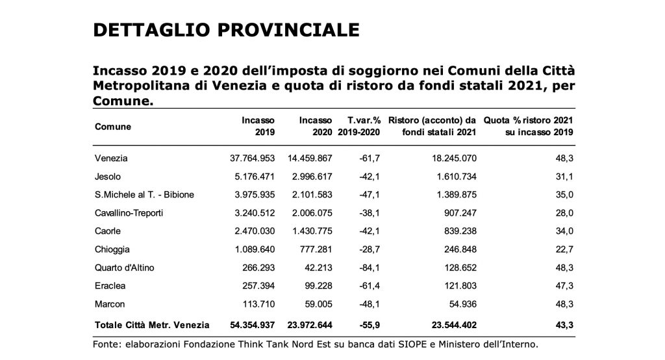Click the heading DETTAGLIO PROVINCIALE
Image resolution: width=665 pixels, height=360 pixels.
click(x=226, y=30)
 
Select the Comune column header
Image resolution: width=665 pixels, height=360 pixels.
click(x=113, y=127)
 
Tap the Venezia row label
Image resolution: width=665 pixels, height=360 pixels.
click(x=111, y=159)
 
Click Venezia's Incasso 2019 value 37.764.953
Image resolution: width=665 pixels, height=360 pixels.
click(x=253, y=159)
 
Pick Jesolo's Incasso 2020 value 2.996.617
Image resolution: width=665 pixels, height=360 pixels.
click(x=312, y=177)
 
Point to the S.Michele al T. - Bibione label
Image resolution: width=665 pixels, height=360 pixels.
click(x=144, y=195)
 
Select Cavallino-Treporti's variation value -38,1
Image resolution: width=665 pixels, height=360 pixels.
click(x=370, y=213)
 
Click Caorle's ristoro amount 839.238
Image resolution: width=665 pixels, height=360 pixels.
click(x=460, y=231)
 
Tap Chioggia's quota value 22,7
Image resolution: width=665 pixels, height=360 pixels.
click(x=564, y=250)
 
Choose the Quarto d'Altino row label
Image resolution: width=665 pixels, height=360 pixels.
click(x=124, y=268)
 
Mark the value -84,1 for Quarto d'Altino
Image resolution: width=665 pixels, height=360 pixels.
click(x=370, y=268)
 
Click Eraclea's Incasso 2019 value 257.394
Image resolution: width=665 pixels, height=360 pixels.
click(x=258, y=286)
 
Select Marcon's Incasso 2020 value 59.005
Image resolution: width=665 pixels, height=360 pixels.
click(x=318, y=304)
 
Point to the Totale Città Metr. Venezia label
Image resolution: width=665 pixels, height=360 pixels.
click(x=152, y=325)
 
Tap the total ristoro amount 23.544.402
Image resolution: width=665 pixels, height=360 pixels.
click(x=454, y=325)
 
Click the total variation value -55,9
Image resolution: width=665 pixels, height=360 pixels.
click(x=370, y=325)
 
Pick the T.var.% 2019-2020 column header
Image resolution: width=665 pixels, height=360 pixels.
click(x=359, y=127)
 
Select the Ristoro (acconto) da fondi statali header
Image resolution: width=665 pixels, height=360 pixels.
click(x=432, y=127)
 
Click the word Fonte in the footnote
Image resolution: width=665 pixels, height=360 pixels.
click(x=107, y=344)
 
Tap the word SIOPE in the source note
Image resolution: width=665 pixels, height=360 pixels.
click(x=412, y=344)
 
